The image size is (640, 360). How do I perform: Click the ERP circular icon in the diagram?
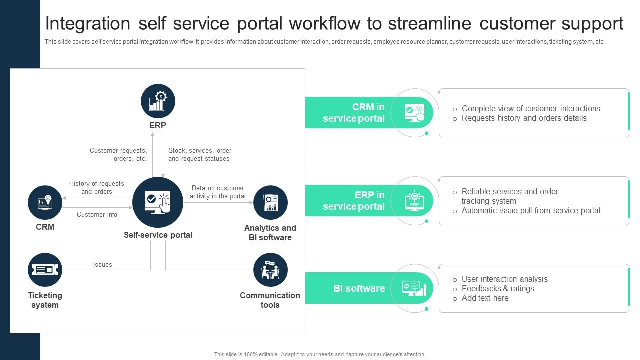click(x=158, y=101)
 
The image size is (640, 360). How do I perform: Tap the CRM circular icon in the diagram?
click(x=45, y=202)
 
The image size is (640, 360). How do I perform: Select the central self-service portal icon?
click(x=158, y=202)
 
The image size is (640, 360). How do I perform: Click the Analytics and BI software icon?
click(x=270, y=202)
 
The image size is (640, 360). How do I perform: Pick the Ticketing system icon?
click(x=45, y=270)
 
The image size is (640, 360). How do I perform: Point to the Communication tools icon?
click(x=270, y=270)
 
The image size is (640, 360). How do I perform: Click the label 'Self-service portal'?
click(x=158, y=235)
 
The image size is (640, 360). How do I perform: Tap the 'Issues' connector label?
click(x=102, y=264)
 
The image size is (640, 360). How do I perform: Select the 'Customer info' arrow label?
click(x=97, y=214)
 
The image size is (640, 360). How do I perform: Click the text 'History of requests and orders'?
click(x=96, y=187)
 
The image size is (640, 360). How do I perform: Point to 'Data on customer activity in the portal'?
click(x=217, y=192)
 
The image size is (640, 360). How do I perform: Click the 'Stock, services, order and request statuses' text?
click(x=199, y=154)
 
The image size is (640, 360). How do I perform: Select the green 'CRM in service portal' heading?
click(x=354, y=113)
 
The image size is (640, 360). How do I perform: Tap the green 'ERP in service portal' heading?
click(x=354, y=200)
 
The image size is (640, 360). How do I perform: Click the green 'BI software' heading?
click(x=359, y=288)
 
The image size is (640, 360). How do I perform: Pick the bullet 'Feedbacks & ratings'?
click(x=498, y=288)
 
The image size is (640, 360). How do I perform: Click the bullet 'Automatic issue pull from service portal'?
click(x=531, y=210)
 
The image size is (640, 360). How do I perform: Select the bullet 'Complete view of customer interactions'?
click(x=531, y=108)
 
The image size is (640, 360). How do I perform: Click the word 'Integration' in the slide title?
click(x=88, y=23)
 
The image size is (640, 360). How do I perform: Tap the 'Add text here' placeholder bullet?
click(x=485, y=298)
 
